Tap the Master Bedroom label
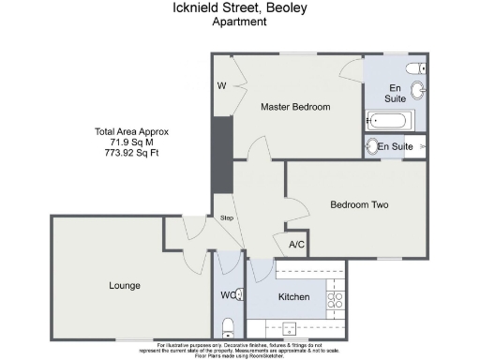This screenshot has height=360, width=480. click(x=295, y=107)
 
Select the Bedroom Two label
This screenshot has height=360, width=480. click(x=359, y=204)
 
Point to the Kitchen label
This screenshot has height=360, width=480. click(x=293, y=297)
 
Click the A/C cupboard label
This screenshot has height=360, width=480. click(x=297, y=245)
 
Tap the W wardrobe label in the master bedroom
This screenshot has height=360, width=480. click(x=222, y=86)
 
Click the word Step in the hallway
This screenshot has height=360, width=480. click(x=226, y=218)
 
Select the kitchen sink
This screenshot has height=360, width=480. click(x=289, y=329)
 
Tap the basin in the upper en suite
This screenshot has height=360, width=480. click(x=418, y=91)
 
